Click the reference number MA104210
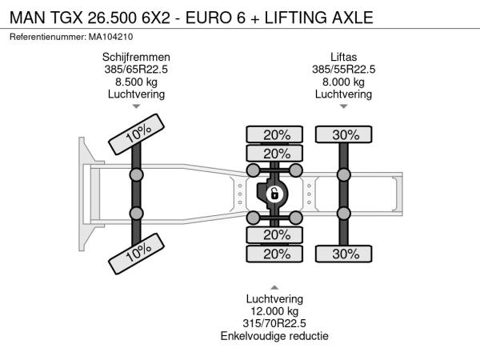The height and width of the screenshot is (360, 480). click(x=111, y=37)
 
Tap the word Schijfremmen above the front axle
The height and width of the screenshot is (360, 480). click(x=136, y=58)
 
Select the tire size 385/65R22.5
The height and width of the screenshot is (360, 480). click(x=136, y=70)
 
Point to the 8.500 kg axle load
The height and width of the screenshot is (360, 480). click(x=136, y=82)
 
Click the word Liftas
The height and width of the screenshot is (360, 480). click(x=343, y=58)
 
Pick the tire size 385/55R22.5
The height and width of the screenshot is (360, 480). click(x=343, y=70)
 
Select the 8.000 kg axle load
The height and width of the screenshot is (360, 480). click(x=343, y=82)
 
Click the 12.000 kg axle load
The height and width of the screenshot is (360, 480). click(x=274, y=311)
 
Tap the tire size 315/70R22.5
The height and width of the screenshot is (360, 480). click(x=274, y=323)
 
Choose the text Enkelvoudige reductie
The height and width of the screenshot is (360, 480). click(x=274, y=336)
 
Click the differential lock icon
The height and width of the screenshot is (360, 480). click(x=274, y=194)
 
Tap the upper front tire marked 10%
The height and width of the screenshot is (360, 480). click(x=137, y=134)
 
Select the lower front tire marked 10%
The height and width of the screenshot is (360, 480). click(x=137, y=254)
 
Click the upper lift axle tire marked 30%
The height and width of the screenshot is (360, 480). click(x=344, y=134)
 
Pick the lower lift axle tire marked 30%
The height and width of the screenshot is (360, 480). click(x=344, y=254)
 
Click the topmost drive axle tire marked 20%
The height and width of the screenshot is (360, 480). click(x=274, y=134)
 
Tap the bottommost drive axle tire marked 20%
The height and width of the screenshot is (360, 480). click(x=274, y=254)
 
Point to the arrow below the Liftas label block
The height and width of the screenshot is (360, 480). click(x=344, y=106)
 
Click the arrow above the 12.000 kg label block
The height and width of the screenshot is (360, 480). click(x=274, y=287)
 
